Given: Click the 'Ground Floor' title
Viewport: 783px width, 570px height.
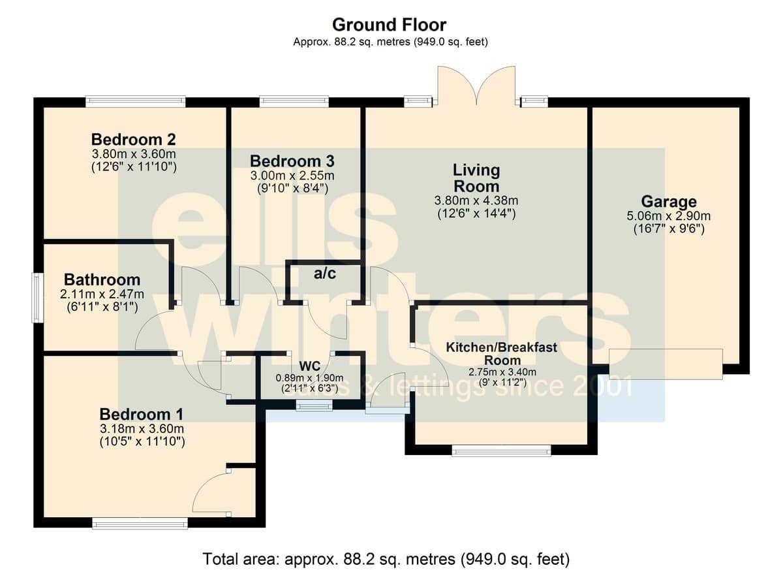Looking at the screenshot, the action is click(x=389, y=25).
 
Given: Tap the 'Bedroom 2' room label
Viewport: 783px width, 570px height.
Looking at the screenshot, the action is click(x=134, y=140).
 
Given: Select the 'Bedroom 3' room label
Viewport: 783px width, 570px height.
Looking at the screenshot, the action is click(x=292, y=161).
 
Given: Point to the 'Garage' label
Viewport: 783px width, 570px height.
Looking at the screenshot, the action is click(x=669, y=202).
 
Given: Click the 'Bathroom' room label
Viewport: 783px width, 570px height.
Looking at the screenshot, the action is click(x=102, y=279).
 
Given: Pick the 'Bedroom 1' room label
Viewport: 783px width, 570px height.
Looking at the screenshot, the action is click(x=141, y=415).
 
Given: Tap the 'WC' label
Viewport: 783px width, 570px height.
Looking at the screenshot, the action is click(x=310, y=366).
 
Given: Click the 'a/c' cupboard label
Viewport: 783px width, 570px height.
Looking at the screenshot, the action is click(x=325, y=274).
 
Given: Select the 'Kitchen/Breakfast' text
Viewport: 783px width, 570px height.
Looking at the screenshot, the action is click(x=502, y=347).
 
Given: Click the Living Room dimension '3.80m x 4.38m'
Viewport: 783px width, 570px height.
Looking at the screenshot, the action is click(x=476, y=200).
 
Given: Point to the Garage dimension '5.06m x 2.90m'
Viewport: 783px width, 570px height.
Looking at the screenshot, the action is click(x=668, y=216).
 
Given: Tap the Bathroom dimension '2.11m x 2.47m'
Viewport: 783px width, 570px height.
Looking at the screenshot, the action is click(x=102, y=294).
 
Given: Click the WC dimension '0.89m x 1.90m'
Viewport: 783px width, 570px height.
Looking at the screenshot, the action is click(x=310, y=378).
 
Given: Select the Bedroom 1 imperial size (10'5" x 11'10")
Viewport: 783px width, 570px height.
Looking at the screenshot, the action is click(x=142, y=442).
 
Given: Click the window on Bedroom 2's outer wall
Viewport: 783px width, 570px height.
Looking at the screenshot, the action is click(x=136, y=102).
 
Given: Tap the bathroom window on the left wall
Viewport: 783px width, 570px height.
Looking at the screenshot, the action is click(x=38, y=298).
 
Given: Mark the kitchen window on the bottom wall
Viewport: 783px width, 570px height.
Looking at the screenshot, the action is click(x=502, y=451).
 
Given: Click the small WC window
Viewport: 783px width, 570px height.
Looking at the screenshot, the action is click(x=315, y=406).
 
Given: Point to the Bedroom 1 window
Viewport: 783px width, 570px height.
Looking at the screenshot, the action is click(x=140, y=524).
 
